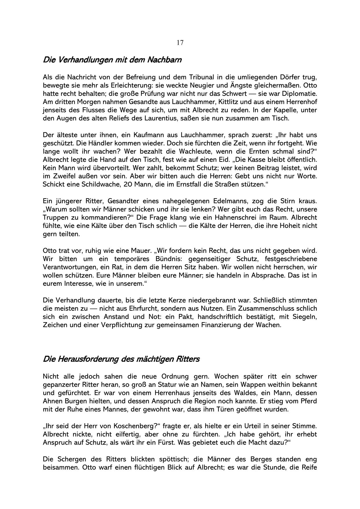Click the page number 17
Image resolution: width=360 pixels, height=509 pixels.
(180, 43)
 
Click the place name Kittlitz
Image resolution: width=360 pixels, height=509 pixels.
(226, 102)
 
